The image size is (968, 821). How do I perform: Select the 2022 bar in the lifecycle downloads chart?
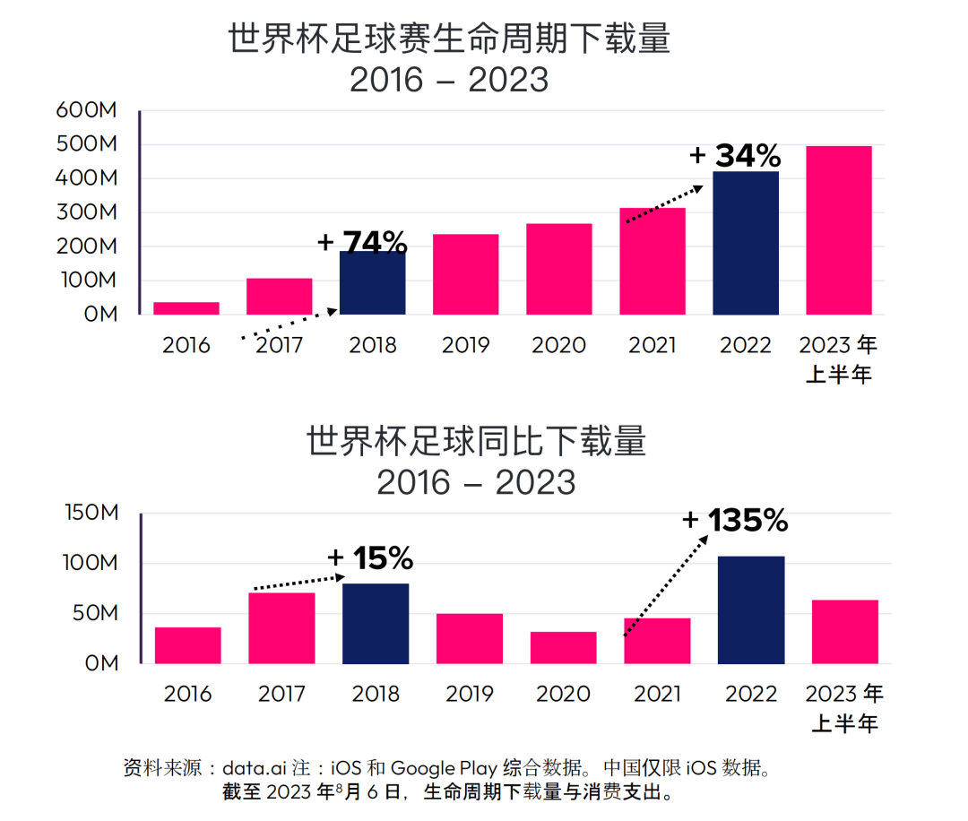coord(746,243)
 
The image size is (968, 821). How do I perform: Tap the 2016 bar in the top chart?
coord(186,308)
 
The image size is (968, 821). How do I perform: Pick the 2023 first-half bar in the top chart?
coord(839,230)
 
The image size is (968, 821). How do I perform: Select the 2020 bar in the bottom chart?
coord(563,647)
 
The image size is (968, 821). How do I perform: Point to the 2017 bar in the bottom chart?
coord(281,627)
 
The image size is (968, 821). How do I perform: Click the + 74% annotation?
coord(362,242)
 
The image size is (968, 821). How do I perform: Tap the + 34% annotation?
coord(735,156)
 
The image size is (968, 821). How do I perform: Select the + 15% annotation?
coord(370,558)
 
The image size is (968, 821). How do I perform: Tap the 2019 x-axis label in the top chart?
coord(465,345)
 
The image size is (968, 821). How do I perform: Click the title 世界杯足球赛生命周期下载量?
coord(449,39)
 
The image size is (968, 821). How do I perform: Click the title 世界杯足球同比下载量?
coord(476,442)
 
